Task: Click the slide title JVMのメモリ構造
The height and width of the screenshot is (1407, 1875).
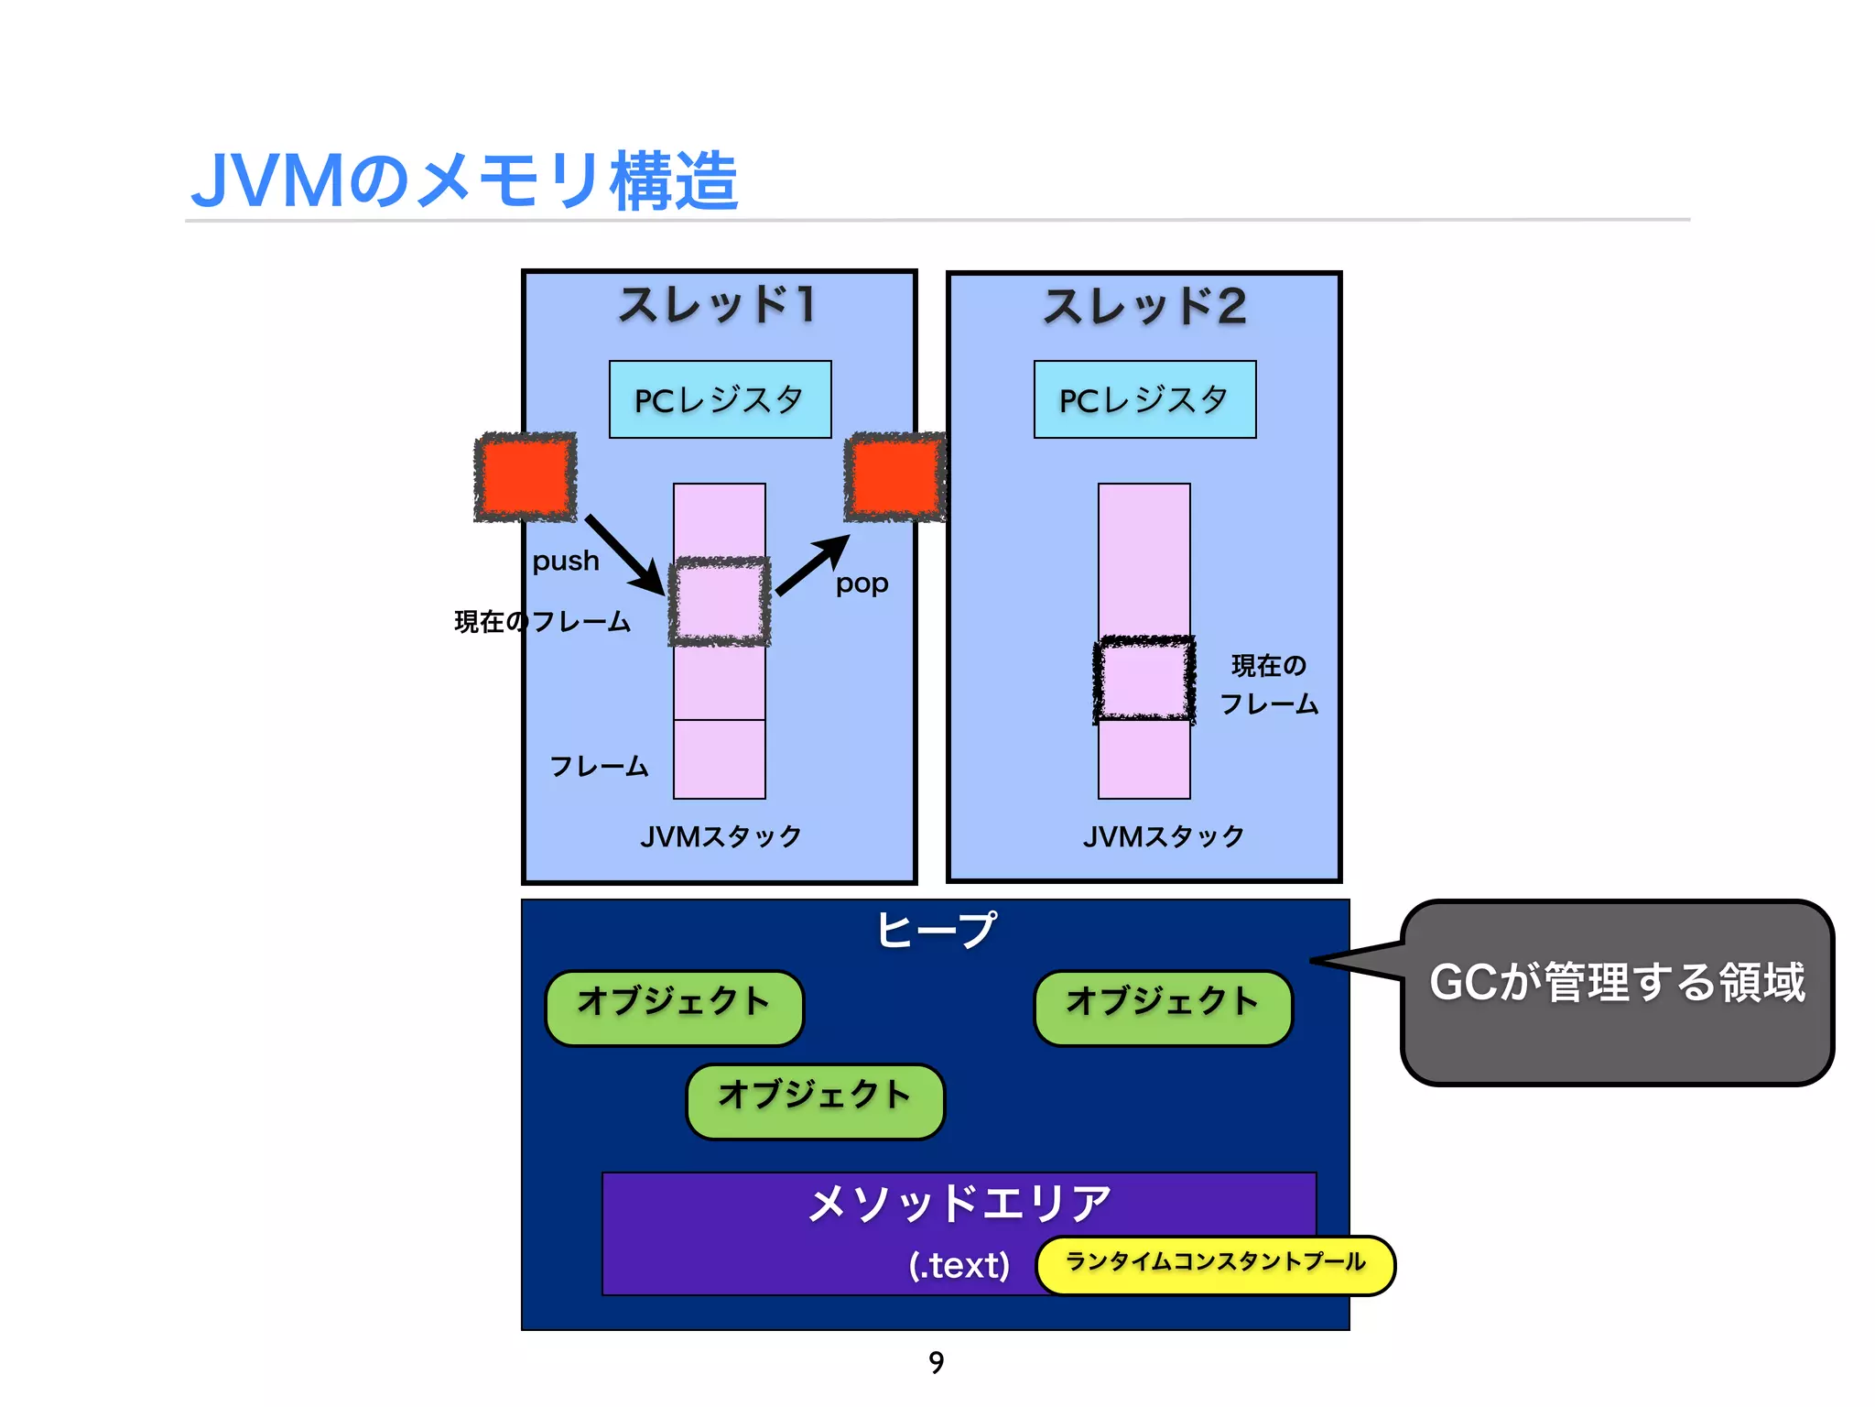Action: click(x=464, y=180)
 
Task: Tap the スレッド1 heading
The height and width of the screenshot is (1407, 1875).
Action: click(x=718, y=305)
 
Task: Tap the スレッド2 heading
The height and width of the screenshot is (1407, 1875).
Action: click(x=1144, y=307)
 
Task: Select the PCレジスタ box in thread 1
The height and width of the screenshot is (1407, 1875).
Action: click(x=720, y=399)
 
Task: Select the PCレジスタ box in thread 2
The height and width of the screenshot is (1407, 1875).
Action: click(x=1144, y=399)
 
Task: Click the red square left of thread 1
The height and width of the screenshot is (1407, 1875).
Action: click(x=525, y=477)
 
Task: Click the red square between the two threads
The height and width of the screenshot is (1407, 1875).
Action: click(x=894, y=477)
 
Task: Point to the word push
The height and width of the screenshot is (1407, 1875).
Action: click(x=566, y=561)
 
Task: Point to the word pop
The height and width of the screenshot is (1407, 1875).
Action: click(x=862, y=584)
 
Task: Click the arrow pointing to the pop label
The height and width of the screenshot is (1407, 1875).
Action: click(x=813, y=566)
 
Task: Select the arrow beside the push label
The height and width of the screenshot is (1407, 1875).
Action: click(x=624, y=553)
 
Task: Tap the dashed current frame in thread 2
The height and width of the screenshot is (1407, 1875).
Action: click(x=1144, y=680)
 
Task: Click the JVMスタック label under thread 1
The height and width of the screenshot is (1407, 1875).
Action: click(x=721, y=836)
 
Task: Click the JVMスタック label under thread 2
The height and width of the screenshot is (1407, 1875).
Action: click(x=1163, y=836)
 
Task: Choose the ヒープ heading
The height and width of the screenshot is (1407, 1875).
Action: click(x=936, y=930)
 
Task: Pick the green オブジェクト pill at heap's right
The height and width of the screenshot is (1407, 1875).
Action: click(x=1163, y=1008)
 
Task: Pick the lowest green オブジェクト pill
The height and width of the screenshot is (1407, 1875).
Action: click(x=815, y=1101)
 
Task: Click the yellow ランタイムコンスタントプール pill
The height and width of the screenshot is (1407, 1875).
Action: click(x=1215, y=1265)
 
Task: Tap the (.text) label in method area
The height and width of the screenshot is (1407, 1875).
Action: click(x=959, y=1265)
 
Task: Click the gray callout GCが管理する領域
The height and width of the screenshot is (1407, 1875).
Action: click(x=1617, y=991)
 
